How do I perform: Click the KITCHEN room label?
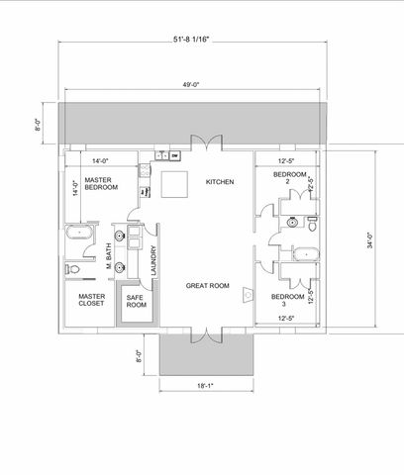pos(220,182)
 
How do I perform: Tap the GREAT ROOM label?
pos(208,285)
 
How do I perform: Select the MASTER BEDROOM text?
pos(102,182)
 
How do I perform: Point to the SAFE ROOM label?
pos(137,301)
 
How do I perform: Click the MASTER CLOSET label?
pos(92,299)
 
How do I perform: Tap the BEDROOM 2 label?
pos(287,178)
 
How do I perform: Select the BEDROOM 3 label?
pos(287,300)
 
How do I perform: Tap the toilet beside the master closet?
pos(72,268)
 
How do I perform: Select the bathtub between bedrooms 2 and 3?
pos(305,255)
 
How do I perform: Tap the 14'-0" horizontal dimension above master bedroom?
pos(100,159)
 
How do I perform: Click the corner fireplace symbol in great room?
pos(248,294)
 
